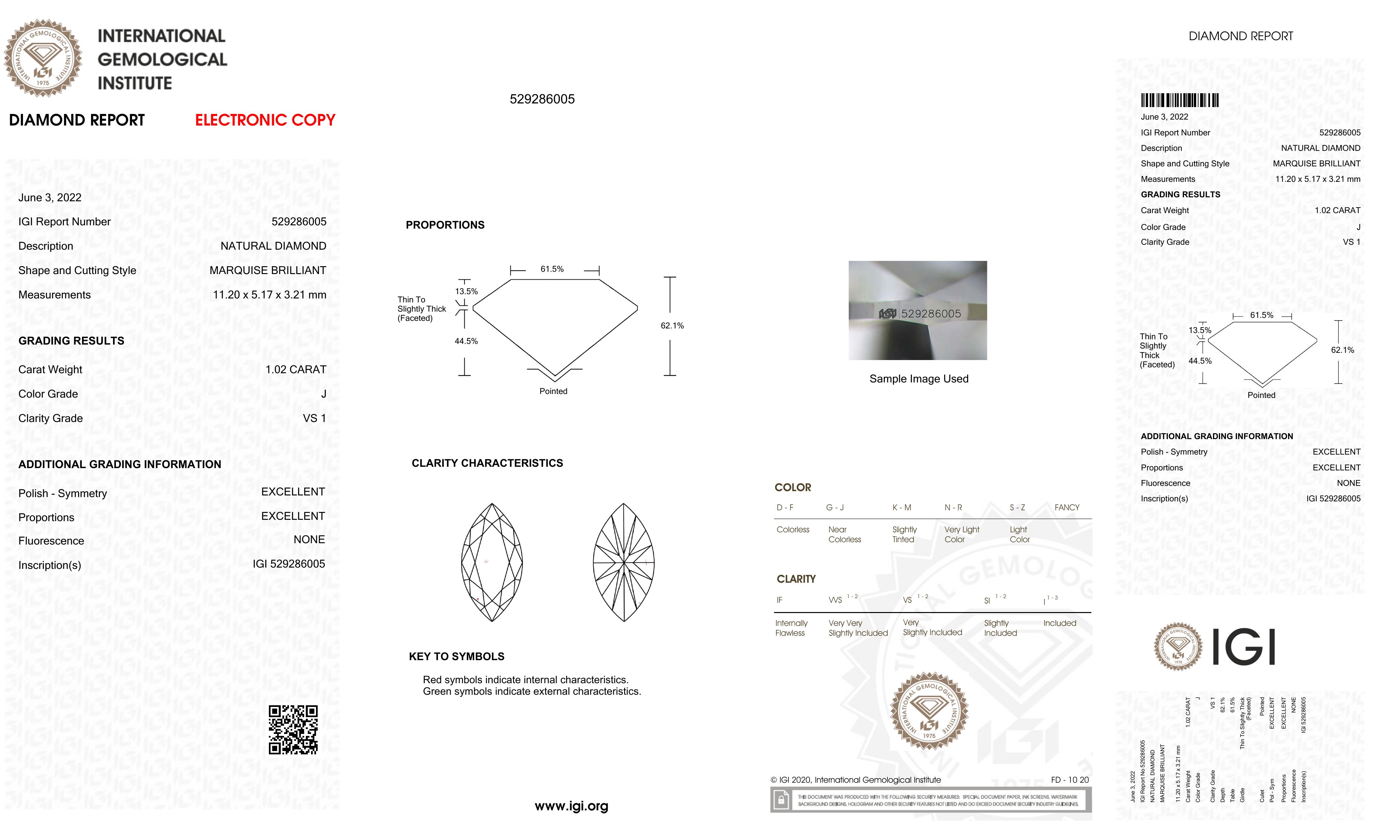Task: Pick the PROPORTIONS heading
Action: click(x=445, y=225)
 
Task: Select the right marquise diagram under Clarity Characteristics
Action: click(x=623, y=562)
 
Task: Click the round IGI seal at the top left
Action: click(x=43, y=58)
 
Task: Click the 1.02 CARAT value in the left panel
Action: click(x=296, y=370)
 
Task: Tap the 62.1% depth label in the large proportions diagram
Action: click(x=672, y=326)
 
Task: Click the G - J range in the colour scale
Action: click(x=835, y=508)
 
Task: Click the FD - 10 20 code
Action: click(x=1069, y=780)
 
